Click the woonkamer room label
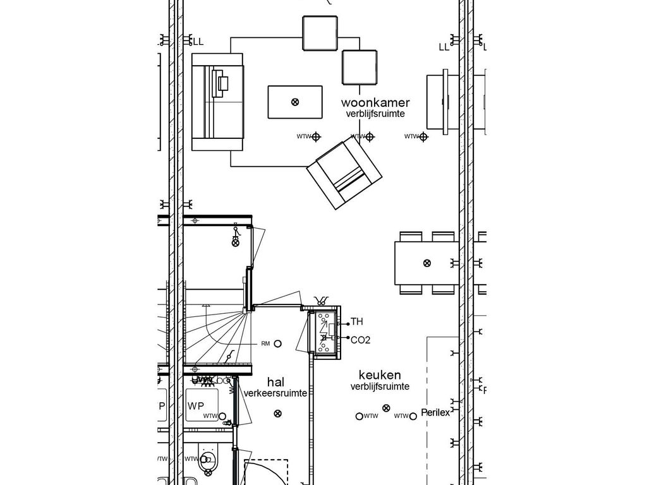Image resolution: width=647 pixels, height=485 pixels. pyautogui.click(x=375, y=102)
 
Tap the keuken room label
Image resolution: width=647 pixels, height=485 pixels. pyautogui.click(x=380, y=375)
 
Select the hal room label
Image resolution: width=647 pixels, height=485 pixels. pyautogui.click(x=275, y=382)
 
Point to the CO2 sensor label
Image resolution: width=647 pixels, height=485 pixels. pyautogui.click(x=360, y=340)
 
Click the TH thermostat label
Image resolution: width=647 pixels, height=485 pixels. pyautogui.click(x=357, y=322)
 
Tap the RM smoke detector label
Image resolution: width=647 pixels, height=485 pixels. pyautogui.click(x=265, y=344)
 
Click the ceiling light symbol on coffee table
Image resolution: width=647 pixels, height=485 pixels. pyautogui.click(x=294, y=102)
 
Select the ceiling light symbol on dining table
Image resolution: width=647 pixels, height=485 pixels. pyautogui.click(x=427, y=263)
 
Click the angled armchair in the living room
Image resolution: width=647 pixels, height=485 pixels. pyautogui.click(x=344, y=174)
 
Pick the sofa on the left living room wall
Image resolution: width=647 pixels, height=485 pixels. pyautogui.click(x=217, y=102)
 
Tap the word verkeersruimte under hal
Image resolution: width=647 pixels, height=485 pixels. pyautogui.click(x=275, y=393)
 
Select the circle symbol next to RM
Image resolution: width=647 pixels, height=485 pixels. pyautogui.click(x=278, y=344)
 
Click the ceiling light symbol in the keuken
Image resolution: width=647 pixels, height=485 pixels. pyautogui.click(x=387, y=409)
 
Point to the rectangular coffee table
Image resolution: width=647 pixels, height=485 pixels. pyautogui.click(x=294, y=102)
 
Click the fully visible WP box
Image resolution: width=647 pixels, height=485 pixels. pyautogui.click(x=202, y=405)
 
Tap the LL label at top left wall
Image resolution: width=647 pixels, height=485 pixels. pyautogui.click(x=198, y=42)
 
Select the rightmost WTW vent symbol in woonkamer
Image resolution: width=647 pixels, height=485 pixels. pyautogui.click(x=423, y=136)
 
